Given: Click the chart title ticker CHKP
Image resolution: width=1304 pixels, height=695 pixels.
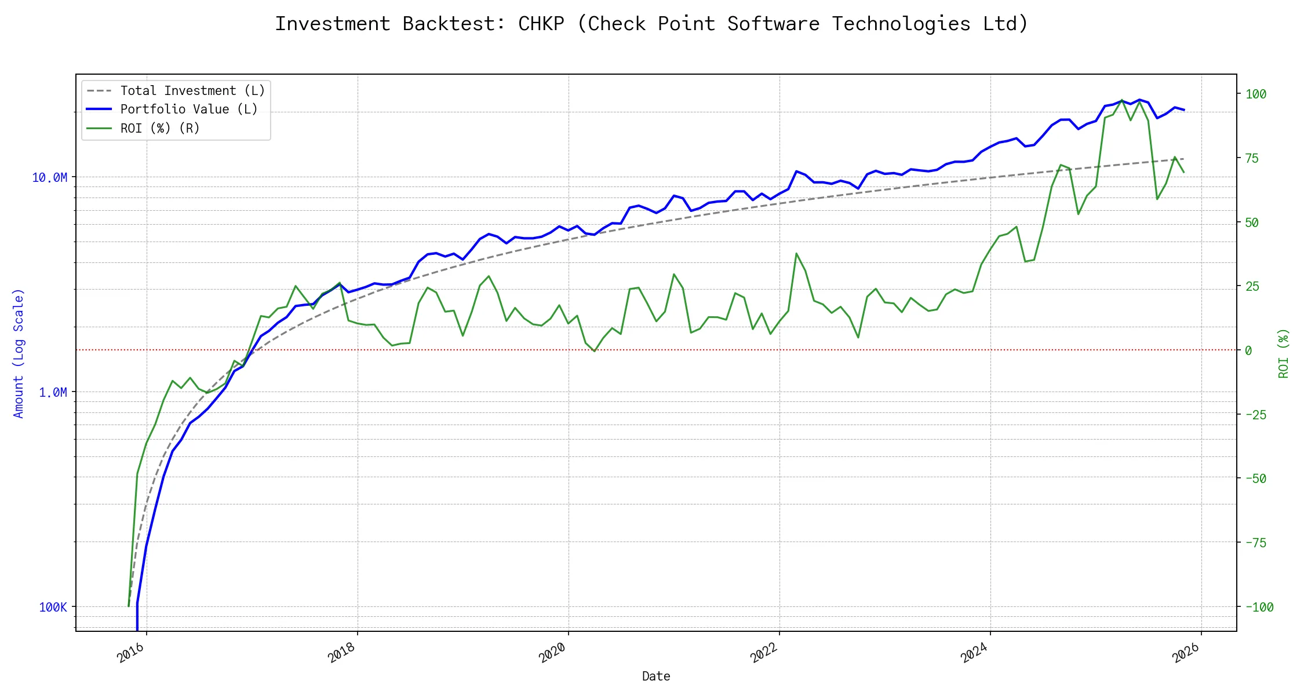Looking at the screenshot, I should (541, 24).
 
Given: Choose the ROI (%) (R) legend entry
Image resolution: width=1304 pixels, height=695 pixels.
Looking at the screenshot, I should (160, 128).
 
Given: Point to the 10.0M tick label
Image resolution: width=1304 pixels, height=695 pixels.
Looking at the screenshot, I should (50, 177).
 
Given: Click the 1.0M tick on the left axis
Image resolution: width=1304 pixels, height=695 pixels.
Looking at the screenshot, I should (53, 393).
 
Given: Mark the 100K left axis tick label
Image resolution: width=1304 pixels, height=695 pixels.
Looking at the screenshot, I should (53, 607).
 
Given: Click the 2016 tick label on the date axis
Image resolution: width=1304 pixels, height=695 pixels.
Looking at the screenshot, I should (131, 653).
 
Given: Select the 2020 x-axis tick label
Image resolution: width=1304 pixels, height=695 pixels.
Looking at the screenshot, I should (552, 653).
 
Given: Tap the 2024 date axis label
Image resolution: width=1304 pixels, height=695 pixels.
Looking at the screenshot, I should (974, 653).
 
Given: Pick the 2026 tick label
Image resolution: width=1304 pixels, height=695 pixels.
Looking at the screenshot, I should (1185, 653).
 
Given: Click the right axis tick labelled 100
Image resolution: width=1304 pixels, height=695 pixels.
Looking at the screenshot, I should (1256, 94).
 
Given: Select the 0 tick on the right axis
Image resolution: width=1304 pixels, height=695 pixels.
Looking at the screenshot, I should (1248, 350).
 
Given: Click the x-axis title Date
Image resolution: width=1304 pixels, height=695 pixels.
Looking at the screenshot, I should (656, 676).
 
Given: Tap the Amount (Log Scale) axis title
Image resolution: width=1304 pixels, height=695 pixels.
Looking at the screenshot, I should (19, 353).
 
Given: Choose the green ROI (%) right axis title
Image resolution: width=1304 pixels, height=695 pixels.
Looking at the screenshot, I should (1284, 353).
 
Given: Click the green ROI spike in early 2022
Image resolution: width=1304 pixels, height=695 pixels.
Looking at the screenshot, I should (796, 254).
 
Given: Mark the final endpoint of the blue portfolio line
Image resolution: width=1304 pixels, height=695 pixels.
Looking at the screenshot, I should (1184, 110).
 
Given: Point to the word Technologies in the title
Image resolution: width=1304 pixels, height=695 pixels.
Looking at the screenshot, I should (901, 24).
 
